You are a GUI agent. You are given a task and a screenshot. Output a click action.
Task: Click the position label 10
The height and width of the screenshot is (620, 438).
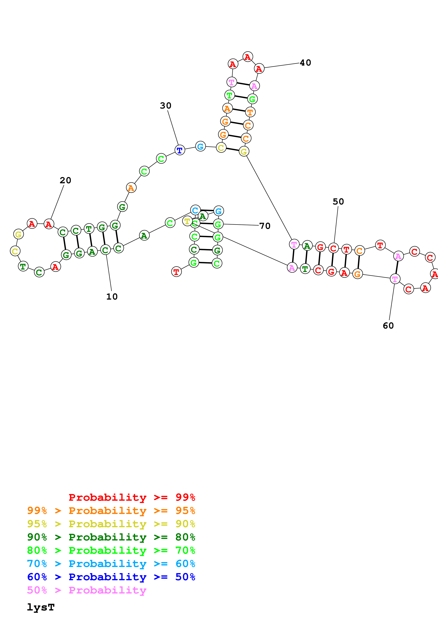(x=112, y=297)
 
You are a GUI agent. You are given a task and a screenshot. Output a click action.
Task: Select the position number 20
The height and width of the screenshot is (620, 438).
(x=65, y=180)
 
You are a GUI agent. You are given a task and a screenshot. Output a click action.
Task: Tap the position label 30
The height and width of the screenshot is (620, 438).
(x=165, y=106)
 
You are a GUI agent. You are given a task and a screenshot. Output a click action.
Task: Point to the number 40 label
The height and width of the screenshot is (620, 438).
(x=305, y=63)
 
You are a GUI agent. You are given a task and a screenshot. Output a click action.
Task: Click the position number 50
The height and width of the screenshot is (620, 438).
(x=338, y=202)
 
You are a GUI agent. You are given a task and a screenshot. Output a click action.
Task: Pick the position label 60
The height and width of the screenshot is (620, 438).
(x=388, y=326)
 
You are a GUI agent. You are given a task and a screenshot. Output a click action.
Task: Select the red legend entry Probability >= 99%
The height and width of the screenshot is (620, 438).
(x=132, y=497)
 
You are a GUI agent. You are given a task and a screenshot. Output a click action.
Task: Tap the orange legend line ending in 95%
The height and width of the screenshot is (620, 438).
(x=111, y=511)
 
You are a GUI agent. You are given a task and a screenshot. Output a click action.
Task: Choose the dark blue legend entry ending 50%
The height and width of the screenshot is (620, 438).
(x=111, y=577)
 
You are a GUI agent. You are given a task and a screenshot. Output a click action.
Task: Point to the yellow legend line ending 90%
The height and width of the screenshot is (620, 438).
(x=111, y=524)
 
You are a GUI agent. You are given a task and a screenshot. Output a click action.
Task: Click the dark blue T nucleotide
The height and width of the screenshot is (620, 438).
(x=180, y=150)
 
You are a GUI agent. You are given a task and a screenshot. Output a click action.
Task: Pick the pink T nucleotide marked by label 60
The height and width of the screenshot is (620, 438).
(x=395, y=279)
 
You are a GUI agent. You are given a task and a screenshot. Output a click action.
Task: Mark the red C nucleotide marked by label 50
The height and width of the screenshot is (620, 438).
(x=333, y=248)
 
